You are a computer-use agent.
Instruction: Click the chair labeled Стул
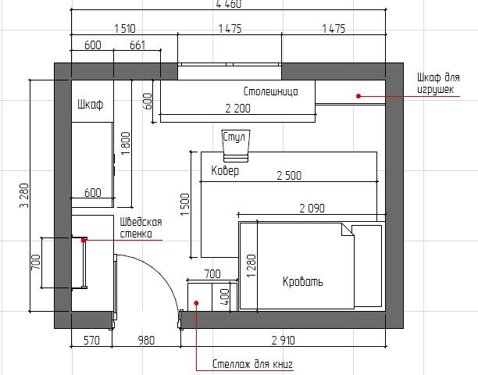[x=235, y=146]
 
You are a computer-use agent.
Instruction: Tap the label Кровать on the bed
[x=302, y=281]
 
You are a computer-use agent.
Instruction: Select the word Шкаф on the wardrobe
[x=91, y=105]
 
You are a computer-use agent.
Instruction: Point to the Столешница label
[x=271, y=91]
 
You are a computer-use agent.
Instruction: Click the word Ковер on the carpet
[x=225, y=171]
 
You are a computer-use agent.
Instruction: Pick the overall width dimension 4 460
[x=229, y=4]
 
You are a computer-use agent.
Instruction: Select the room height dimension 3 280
[x=24, y=195]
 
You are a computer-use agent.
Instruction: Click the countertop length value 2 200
[x=237, y=109]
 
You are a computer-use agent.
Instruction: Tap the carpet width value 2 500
[x=289, y=175]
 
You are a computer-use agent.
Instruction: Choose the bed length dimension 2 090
[x=312, y=209]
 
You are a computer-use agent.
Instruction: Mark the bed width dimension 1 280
[x=251, y=266]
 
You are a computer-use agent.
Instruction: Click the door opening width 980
[x=146, y=341]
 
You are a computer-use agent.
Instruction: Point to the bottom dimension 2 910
[x=284, y=341]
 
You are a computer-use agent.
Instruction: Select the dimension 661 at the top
[x=137, y=45]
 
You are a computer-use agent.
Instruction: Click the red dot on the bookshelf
[x=196, y=303]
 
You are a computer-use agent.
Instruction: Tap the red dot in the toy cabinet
[x=358, y=96]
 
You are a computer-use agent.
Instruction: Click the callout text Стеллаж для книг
[x=252, y=364]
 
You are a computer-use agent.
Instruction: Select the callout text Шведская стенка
[x=141, y=228]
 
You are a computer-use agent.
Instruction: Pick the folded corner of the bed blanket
[x=348, y=230]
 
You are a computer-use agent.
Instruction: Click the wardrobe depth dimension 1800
[x=126, y=143]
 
